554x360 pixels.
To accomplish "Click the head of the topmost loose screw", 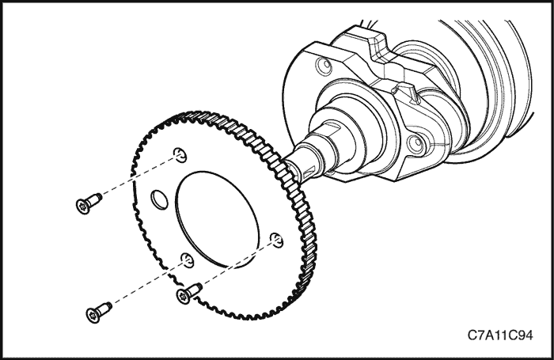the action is [x=82, y=207].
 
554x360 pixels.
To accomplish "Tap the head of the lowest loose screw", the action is [x=93, y=315].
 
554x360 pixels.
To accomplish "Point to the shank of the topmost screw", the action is [x=95, y=199].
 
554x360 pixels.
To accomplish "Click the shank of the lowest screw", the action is [x=105, y=309].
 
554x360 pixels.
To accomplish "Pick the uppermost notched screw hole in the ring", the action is [x=180, y=155].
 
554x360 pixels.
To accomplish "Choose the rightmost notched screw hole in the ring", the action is [x=276, y=241].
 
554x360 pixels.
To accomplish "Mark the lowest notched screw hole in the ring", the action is [x=188, y=260].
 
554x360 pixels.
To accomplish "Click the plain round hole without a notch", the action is [x=159, y=199].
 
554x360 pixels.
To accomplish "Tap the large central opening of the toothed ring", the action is [x=218, y=219].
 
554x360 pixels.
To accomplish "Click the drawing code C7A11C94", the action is [x=500, y=335].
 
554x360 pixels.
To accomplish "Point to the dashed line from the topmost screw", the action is [x=138, y=177].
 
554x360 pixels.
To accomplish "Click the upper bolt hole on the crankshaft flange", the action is [x=324, y=66].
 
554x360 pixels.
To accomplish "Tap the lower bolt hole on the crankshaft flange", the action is [x=415, y=143].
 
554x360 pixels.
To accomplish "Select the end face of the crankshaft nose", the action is [x=291, y=169].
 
